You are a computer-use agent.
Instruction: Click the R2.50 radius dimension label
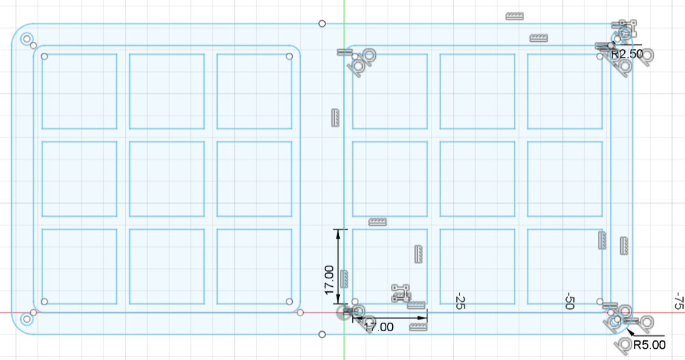click(x=627, y=54)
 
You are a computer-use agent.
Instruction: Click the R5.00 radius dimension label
click(x=649, y=345)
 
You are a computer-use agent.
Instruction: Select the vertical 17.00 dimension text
click(x=329, y=280)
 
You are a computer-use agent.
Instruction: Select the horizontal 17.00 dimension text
click(x=378, y=327)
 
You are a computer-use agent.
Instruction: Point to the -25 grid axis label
click(x=459, y=301)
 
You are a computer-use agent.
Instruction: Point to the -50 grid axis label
click(x=569, y=301)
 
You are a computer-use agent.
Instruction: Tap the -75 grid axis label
click(x=678, y=301)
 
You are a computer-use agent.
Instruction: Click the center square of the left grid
click(x=167, y=179)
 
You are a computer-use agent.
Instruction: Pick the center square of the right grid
click(x=478, y=179)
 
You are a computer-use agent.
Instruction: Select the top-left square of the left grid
click(x=80, y=91)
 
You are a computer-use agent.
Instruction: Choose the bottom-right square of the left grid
click(x=254, y=267)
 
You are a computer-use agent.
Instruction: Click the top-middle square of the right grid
click(x=478, y=91)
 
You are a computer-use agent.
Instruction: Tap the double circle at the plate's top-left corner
click(x=27, y=39)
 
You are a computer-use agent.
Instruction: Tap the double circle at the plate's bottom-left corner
click(x=27, y=319)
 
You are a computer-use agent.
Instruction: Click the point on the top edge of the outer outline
click(x=322, y=24)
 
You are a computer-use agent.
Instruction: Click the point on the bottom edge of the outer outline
click(x=322, y=335)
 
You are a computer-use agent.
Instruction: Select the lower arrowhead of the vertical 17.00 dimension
click(x=338, y=299)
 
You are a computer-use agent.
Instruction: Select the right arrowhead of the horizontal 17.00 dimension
click(x=422, y=318)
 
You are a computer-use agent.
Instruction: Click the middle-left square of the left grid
click(x=80, y=179)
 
